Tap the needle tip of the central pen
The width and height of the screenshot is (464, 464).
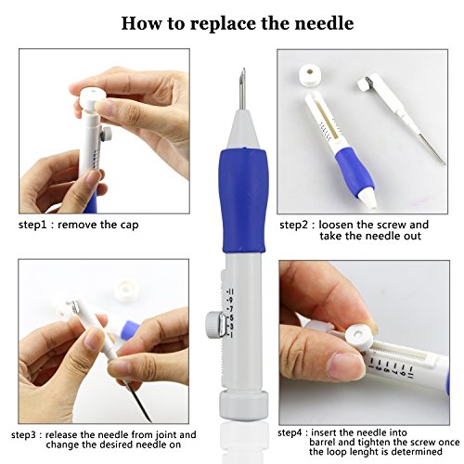tap(244, 69)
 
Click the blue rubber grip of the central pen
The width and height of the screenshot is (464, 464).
tap(243, 200)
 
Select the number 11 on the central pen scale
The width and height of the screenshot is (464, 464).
tap(230, 291)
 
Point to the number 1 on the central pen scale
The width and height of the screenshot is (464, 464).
tap(230, 335)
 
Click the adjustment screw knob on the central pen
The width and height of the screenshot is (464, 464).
tap(213, 325)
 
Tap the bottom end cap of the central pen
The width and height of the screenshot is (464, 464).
tap(243, 406)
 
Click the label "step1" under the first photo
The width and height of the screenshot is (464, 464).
tap(32, 225)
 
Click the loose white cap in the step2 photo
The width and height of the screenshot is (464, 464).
tap(311, 74)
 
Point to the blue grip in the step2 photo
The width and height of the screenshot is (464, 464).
tap(354, 169)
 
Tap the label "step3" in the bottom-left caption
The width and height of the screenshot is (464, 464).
tap(26, 435)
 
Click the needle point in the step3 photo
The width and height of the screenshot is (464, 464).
tap(149, 419)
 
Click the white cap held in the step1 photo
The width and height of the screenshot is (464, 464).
tap(91, 98)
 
